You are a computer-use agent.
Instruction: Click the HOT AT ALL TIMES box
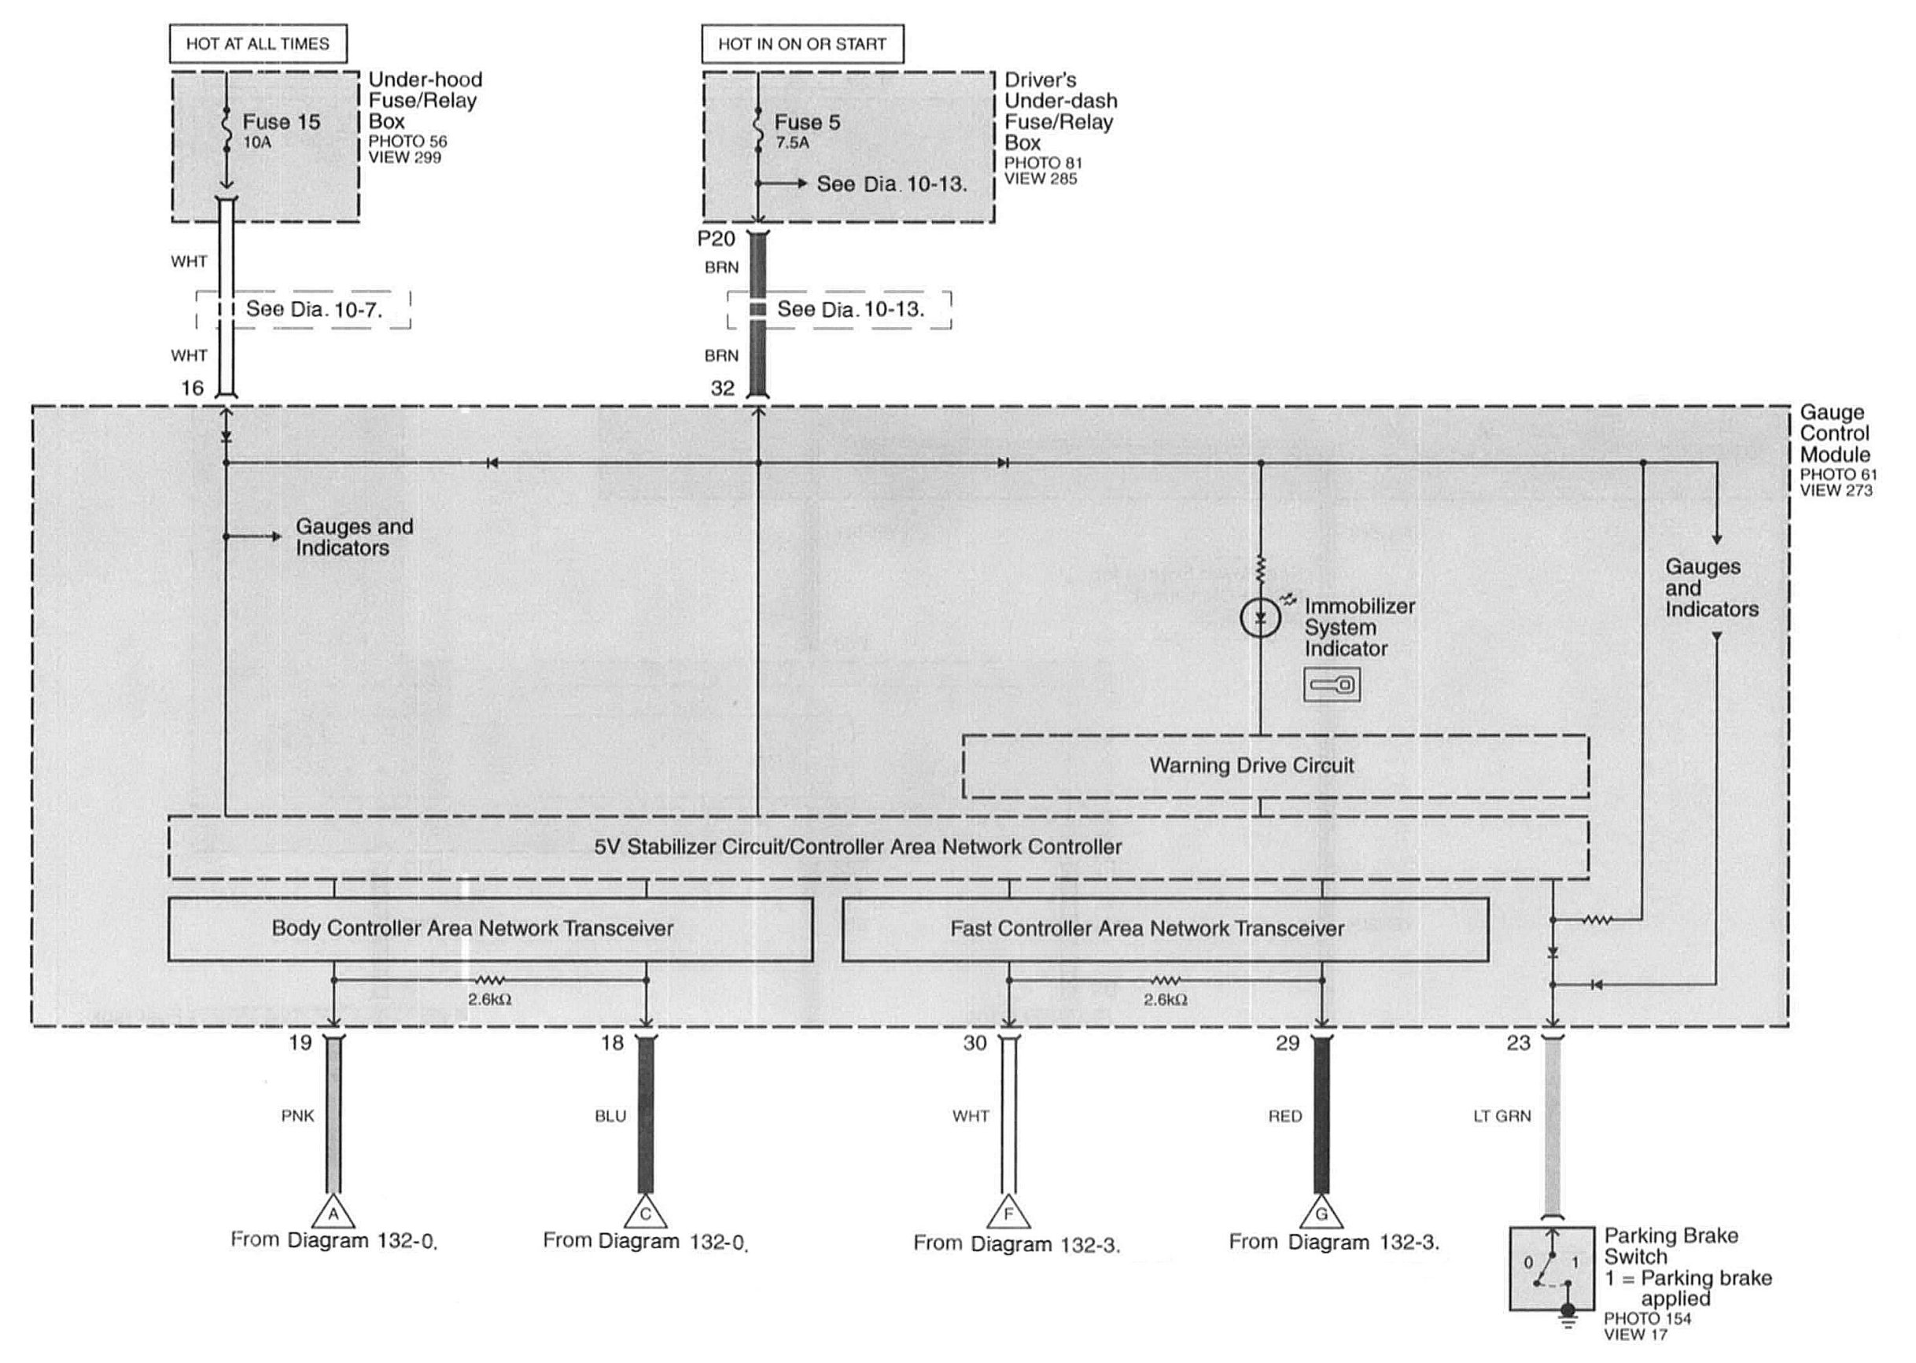[258, 43]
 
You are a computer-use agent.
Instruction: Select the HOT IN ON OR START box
[801, 43]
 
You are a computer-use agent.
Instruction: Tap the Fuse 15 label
[281, 123]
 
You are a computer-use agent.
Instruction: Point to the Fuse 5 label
[806, 123]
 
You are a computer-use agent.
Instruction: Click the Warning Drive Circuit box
[1275, 766]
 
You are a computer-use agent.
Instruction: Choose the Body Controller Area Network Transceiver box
[490, 929]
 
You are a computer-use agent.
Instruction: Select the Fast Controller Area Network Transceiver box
[1165, 929]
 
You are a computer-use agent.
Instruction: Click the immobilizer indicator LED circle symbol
[1260, 618]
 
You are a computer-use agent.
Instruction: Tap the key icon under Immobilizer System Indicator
[1331, 685]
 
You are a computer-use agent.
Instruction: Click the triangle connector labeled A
[333, 1214]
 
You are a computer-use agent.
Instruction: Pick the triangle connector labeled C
[646, 1214]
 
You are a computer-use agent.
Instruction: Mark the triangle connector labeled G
[1321, 1214]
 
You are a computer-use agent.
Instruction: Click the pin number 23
[1518, 1043]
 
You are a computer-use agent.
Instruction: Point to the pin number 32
[722, 388]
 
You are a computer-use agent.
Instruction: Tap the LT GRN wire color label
[1501, 1116]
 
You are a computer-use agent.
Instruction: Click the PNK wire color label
[297, 1116]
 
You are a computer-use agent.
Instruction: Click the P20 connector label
[716, 239]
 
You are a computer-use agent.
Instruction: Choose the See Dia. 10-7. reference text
[314, 310]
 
